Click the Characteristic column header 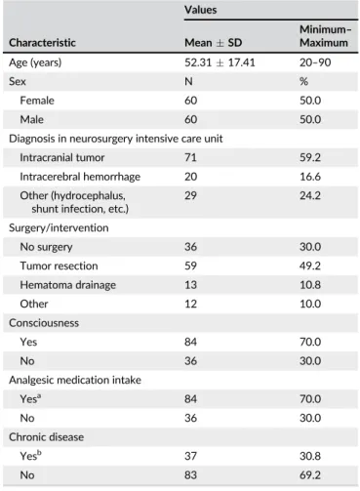(x=42, y=43)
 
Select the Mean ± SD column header (x=214, y=43)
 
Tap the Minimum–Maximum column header (x=325, y=36)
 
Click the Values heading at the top (x=201, y=10)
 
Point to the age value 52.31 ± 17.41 (x=220, y=62)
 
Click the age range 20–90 (x=315, y=62)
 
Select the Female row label (x=37, y=101)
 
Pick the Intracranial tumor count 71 (x=190, y=157)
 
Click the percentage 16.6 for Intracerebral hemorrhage (x=310, y=177)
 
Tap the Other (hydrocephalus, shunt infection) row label (x=74, y=202)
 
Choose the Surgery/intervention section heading (x=59, y=227)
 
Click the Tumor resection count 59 (x=190, y=266)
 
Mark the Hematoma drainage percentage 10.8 (x=310, y=285)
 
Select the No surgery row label (x=46, y=247)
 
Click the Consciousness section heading (x=44, y=323)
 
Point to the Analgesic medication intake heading (x=75, y=380)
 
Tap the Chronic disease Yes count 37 (x=190, y=456)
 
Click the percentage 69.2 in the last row (x=310, y=475)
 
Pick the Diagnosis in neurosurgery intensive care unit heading (x=116, y=139)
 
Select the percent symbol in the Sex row (x=304, y=81)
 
